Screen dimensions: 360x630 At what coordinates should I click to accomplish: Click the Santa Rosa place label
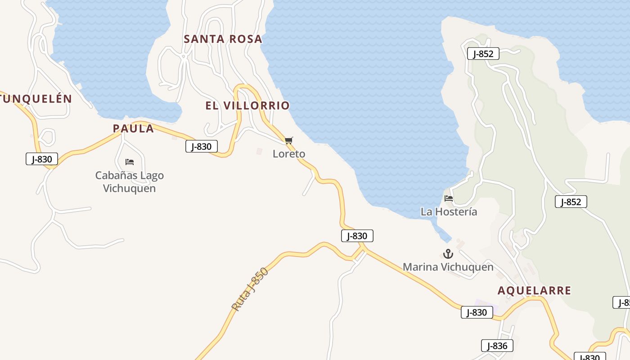[223, 39]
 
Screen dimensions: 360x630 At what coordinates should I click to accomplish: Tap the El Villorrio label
[247, 106]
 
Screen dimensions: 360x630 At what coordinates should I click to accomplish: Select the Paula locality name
[133, 129]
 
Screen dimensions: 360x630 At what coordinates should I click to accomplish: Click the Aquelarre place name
[534, 291]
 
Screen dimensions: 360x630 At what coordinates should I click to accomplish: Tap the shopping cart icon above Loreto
[289, 141]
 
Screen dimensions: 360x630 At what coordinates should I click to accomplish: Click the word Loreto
[289, 154]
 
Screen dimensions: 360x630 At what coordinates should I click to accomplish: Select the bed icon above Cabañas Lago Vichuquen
[130, 162]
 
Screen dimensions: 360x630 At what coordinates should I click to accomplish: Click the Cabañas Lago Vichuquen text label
[130, 182]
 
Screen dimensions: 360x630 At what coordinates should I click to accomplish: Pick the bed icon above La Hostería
[449, 198]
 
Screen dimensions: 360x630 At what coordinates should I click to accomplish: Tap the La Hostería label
[449, 211]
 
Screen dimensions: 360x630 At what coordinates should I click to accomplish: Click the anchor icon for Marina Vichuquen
[448, 254]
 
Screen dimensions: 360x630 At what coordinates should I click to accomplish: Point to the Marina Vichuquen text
[448, 267]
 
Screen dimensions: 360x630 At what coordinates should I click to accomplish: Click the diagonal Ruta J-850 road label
[250, 289]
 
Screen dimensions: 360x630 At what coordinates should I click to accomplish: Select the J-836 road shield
[497, 346]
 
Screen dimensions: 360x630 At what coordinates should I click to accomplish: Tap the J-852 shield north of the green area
[483, 54]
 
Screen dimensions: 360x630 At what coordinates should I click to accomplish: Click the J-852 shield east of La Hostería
[571, 202]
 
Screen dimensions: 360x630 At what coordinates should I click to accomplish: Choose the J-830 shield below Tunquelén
[42, 159]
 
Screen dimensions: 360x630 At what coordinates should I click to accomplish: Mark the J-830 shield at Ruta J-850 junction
[357, 236]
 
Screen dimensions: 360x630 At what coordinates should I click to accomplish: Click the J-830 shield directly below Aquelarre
[477, 312]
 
